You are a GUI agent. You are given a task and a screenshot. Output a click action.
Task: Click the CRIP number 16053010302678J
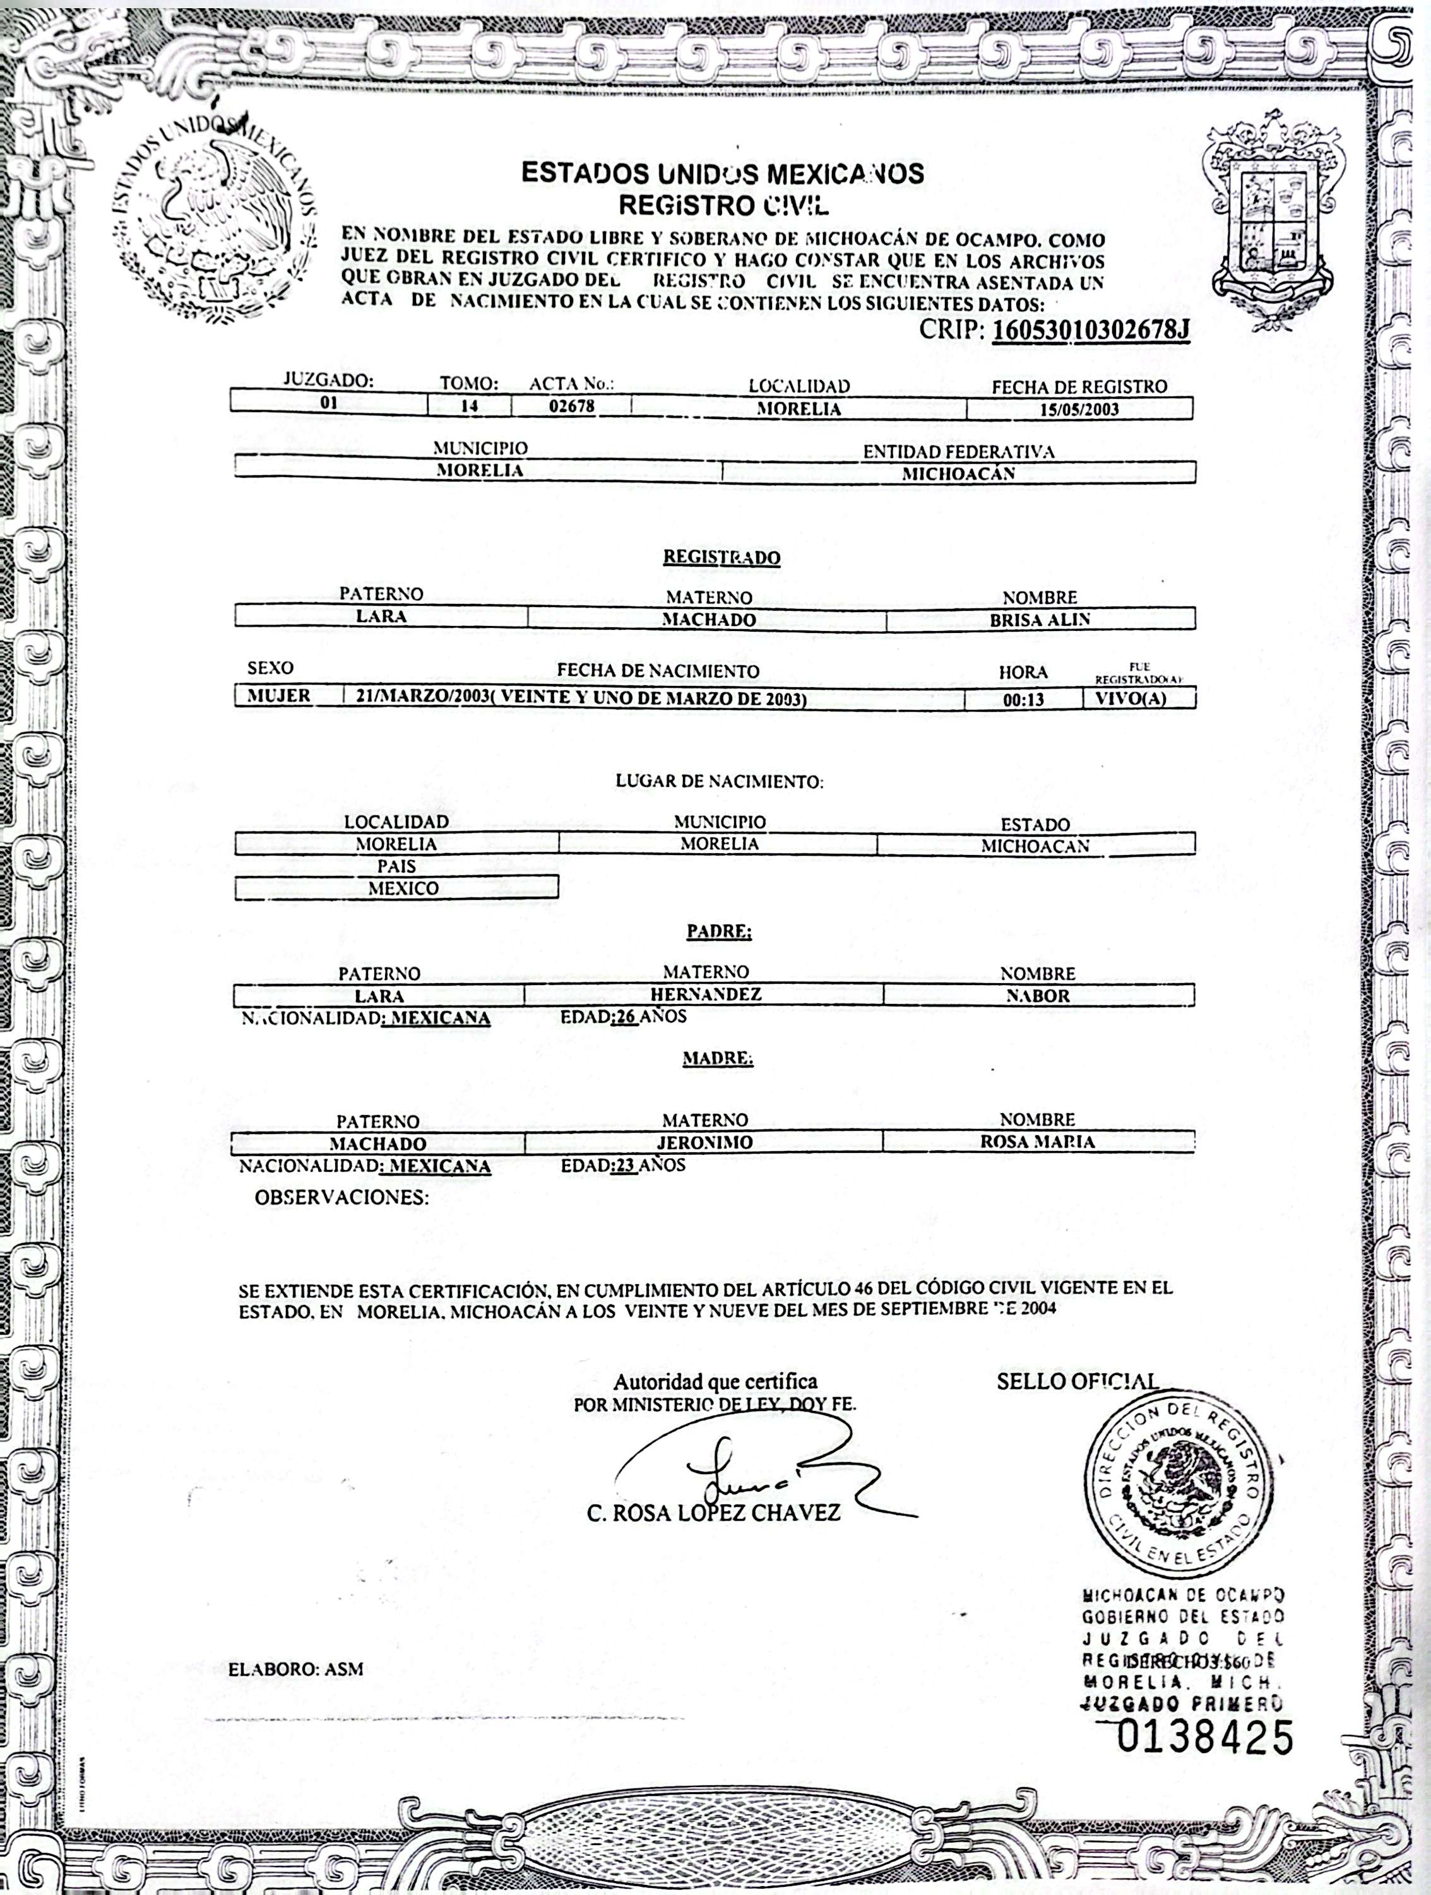(x=1091, y=331)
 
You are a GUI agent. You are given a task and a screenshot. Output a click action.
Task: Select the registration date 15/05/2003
(x=1079, y=409)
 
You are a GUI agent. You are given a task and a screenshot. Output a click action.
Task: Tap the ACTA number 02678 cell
(x=571, y=406)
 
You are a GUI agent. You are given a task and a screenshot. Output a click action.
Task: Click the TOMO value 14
(x=469, y=406)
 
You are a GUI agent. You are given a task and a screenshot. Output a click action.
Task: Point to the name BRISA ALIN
(x=1040, y=620)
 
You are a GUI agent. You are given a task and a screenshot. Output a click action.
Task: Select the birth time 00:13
(x=1023, y=699)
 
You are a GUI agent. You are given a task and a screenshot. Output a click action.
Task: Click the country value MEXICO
(x=403, y=888)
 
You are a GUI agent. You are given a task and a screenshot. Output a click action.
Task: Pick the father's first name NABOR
(x=1038, y=996)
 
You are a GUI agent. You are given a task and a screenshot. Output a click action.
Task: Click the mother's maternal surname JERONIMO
(x=704, y=1142)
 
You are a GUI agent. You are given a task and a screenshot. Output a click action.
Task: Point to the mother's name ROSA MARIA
(x=1037, y=1141)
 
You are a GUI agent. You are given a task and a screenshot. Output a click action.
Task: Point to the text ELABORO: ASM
(x=295, y=1670)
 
